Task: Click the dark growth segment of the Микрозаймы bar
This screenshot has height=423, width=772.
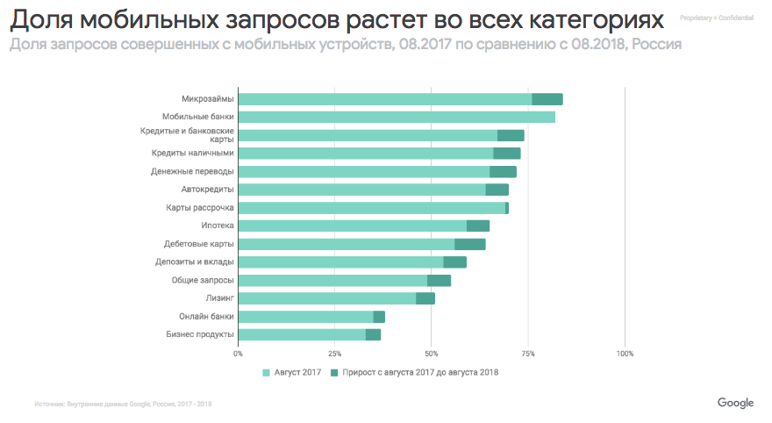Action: point(547,99)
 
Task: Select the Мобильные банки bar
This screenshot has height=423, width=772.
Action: point(396,117)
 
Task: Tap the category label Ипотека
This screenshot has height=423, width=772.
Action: point(217,226)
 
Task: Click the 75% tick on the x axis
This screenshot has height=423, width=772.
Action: point(527,354)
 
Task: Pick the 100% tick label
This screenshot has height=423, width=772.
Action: point(624,354)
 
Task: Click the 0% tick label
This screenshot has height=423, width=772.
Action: point(238,354)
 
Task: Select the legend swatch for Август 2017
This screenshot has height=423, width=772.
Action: point(267,372)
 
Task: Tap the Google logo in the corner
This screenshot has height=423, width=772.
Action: point(735,403)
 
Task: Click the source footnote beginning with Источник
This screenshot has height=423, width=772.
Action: point(123,404)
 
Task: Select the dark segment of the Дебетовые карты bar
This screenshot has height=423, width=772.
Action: point(469,244)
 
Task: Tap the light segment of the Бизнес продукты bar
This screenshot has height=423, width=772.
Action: point(302,334)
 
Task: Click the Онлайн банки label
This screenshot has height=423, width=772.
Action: point(206,317)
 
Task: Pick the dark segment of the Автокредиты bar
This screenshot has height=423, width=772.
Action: point(497,190)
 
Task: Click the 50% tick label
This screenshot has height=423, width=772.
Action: point(431,354)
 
